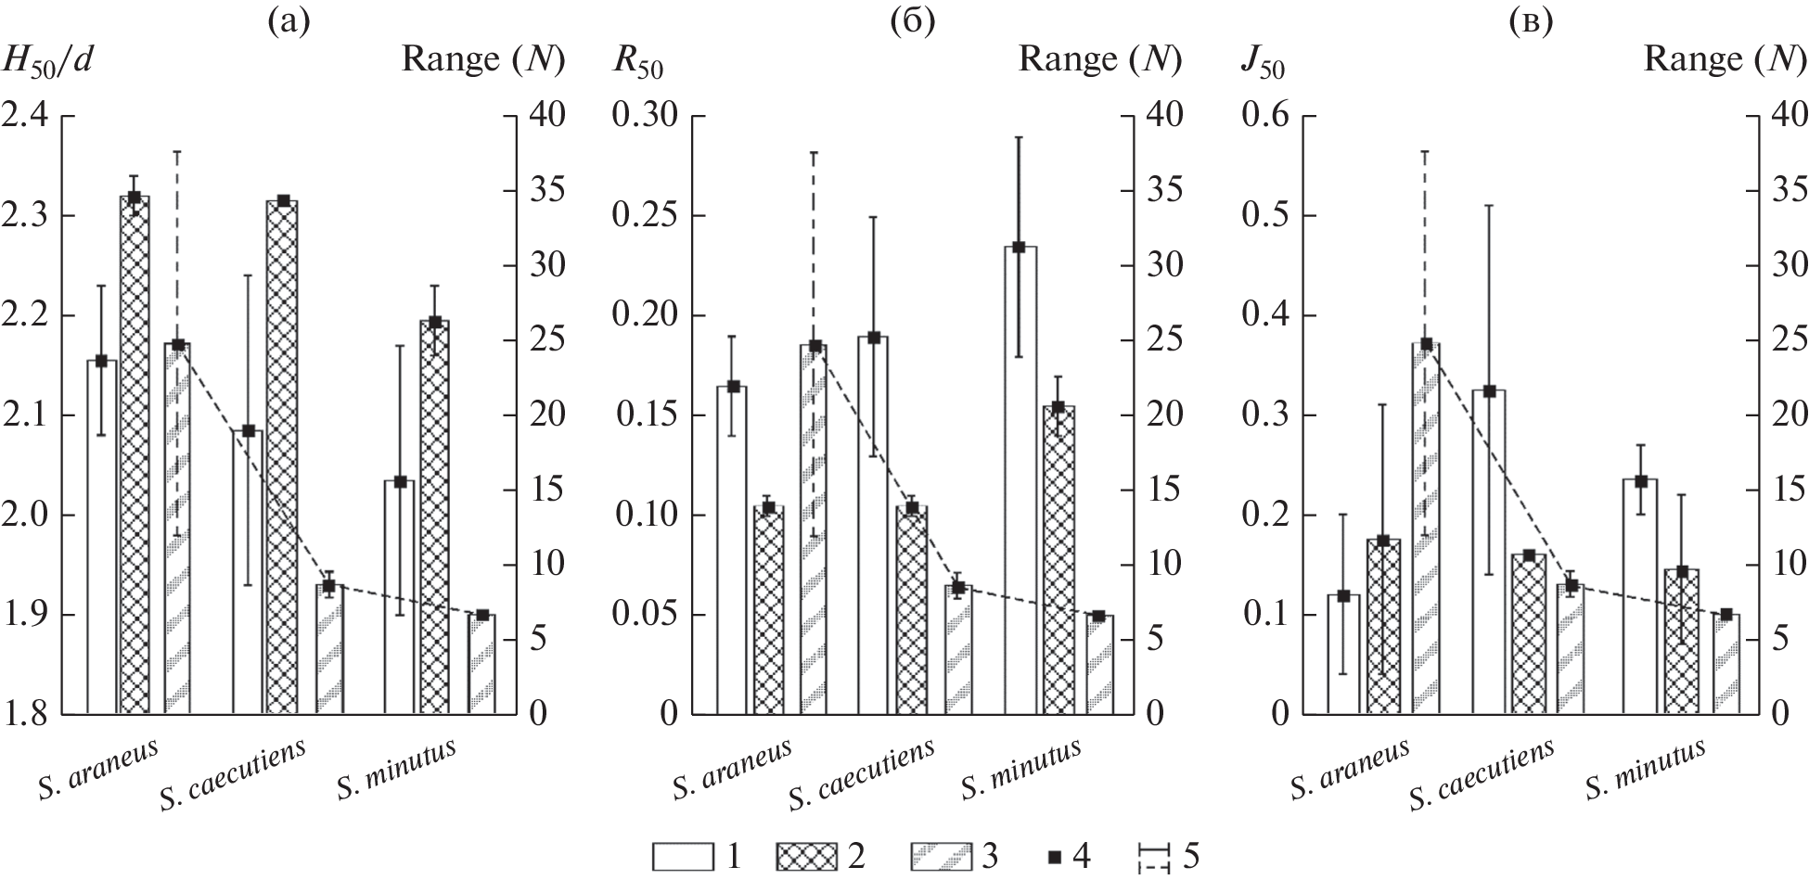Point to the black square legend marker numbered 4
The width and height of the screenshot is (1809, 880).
[x=1052, y=857]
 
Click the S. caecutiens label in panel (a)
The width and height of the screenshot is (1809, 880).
[x=231, y=774]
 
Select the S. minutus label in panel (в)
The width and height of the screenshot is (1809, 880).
[x=1645, y=770]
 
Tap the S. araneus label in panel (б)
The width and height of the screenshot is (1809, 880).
[x=733, y=770]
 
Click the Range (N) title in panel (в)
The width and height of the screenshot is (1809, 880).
[x=1726, y=59]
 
